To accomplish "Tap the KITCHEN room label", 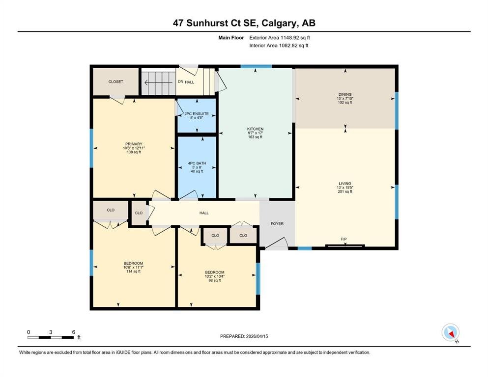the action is [255, 129].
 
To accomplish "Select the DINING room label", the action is [345, 94].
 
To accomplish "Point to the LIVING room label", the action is [345, 184].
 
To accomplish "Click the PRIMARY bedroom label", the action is [134, 144].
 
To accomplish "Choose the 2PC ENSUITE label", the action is [197, 114].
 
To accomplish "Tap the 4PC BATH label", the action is [197, 163].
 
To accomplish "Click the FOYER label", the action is [277, 224].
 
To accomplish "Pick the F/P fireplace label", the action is [344, 240].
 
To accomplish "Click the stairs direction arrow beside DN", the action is [158, 82].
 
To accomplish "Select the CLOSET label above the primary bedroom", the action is [116, 82].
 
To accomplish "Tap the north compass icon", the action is [450, 332].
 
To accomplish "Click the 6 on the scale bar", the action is [73, 332].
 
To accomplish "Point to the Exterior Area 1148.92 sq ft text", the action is [280, 38].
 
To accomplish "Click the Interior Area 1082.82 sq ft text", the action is [279, 45].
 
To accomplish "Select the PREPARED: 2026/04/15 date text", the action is [244, 336].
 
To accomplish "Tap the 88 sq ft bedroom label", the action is [215, 280].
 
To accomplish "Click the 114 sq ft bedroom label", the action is [133, 271].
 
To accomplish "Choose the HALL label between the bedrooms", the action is [204, 213].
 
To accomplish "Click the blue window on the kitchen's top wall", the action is [256, 66].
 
